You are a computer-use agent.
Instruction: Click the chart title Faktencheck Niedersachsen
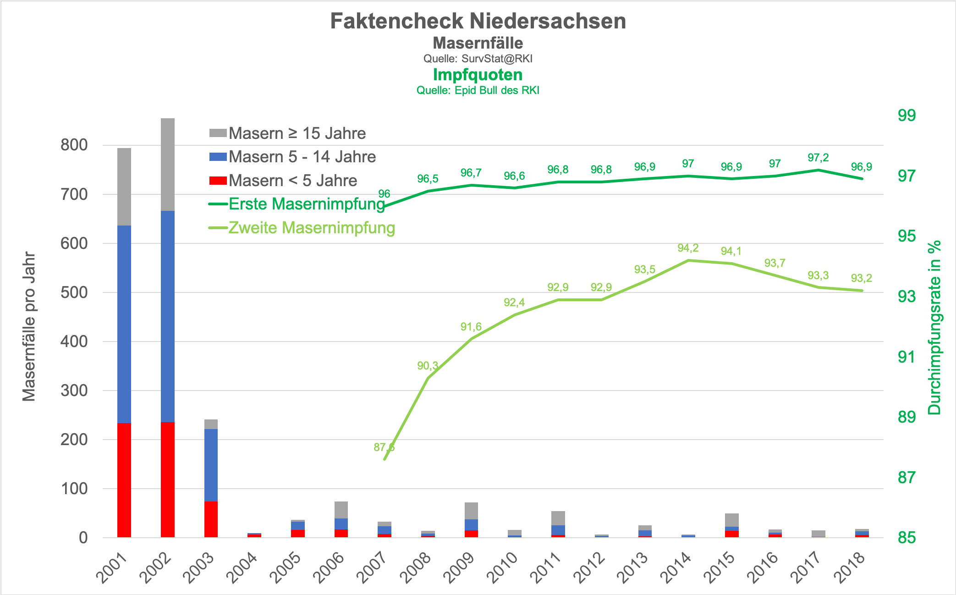click(478, 21)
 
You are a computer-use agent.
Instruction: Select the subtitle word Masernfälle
click(478, 43)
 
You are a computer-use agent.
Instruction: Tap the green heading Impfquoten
click(478, 75)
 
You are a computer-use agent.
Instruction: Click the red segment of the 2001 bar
click(124, 480)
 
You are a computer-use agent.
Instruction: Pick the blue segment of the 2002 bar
click(168, 316)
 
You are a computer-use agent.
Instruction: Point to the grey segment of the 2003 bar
click(211, 424)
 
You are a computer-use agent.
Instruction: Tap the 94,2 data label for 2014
click(688, 248)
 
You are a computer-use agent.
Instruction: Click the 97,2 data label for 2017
click(818, 158)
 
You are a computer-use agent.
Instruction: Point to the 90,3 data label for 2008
click(428, 366)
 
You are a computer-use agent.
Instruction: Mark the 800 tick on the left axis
click(74, 145)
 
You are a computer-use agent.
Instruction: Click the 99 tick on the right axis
click(907, 116)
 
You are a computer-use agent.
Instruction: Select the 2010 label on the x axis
click(503, 567)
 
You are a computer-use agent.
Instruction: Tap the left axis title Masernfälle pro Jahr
click(29, 326)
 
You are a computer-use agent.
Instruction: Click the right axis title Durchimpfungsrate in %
click(934, 327)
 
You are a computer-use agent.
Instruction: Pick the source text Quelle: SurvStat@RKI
click(478, 59)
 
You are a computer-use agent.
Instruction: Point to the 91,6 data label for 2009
click(471, 327)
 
